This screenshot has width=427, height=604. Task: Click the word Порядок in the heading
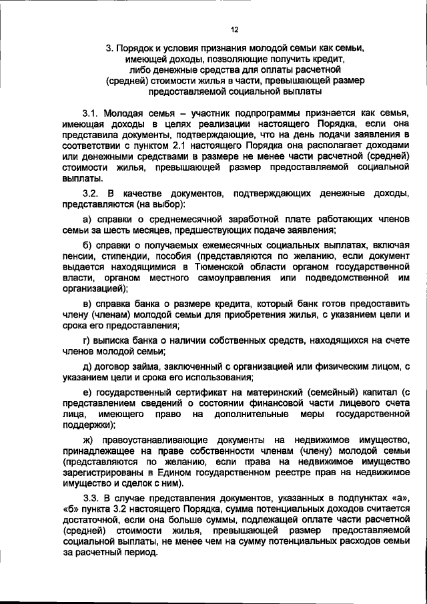click(x=142, y=49)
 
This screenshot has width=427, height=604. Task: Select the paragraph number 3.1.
click(x=91, y=114)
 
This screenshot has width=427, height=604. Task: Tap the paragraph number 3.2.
click(x=91, y=193)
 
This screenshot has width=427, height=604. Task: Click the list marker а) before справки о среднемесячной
click(x=87, y=219)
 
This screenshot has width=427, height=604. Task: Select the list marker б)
click(x=87, y=245)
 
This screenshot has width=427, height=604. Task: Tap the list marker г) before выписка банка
click(x=86, y=340)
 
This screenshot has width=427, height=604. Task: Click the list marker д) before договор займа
click(x=87, y=366)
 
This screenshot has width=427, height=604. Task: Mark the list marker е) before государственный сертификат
click(x=87, y=392)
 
